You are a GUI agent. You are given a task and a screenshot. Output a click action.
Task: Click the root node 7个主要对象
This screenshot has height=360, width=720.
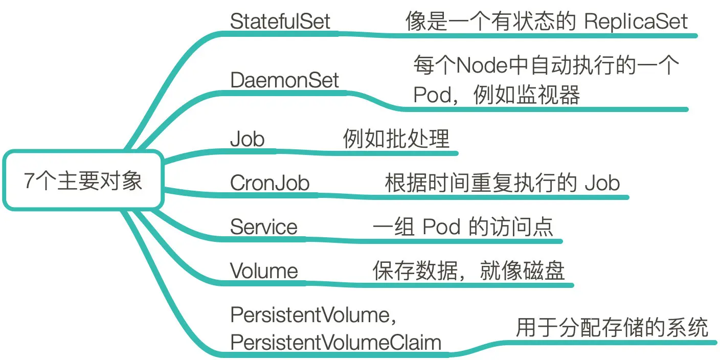83,181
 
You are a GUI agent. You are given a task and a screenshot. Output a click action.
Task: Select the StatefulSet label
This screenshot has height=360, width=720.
280,21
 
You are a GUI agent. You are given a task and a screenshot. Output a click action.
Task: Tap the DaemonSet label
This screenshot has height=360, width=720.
284,80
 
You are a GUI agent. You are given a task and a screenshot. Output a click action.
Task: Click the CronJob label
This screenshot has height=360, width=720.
269,183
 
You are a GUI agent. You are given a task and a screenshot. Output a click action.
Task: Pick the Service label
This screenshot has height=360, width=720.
263,227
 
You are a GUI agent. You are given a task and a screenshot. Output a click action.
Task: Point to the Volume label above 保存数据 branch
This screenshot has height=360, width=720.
263,271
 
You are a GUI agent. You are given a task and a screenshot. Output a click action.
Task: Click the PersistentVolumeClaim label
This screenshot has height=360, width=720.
335,342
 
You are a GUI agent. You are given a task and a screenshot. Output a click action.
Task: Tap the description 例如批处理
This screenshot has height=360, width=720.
396,139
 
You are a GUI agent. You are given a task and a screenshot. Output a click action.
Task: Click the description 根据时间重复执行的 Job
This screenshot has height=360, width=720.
502,183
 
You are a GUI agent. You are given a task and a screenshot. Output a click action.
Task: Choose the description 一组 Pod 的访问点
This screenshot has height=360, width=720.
463,227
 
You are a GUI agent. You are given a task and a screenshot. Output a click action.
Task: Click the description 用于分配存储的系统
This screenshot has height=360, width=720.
612,328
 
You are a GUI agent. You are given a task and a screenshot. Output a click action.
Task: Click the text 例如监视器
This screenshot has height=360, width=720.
527,95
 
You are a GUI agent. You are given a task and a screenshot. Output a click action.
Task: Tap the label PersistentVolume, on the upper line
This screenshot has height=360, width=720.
313,315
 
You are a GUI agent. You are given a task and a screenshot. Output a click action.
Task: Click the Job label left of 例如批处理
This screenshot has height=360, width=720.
247,139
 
